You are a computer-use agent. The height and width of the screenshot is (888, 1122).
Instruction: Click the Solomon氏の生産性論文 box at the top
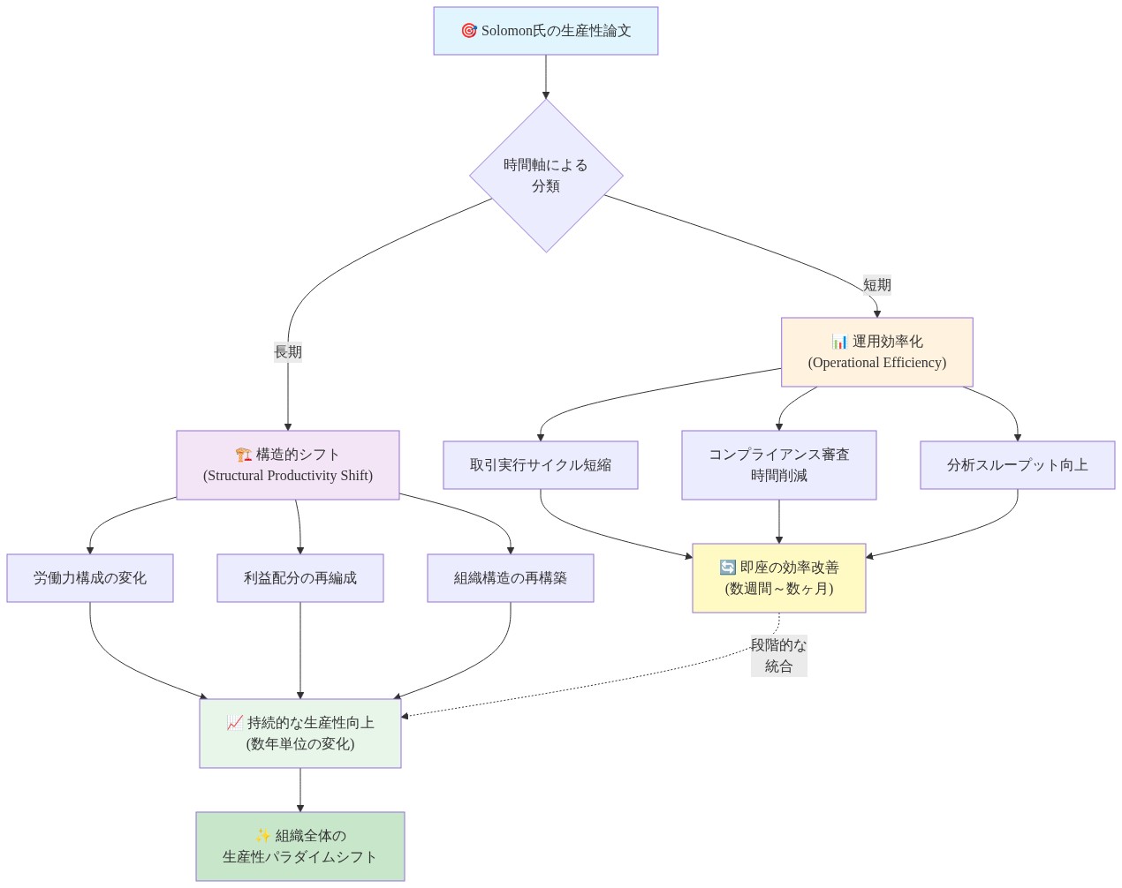click(x=545, y=31)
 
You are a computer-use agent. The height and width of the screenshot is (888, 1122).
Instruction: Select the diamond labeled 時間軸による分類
click(x=546, y=176)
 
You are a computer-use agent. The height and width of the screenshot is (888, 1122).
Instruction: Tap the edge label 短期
click(x=876, y=284)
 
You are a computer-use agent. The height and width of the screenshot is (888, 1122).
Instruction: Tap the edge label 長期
click(x=288, y=351)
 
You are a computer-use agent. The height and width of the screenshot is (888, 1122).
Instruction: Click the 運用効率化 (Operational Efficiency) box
click(x=876, y=352)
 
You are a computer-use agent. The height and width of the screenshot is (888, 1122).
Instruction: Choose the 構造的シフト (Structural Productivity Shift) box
click(x=288, y=465)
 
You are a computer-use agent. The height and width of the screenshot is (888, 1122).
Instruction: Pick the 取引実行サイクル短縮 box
click(x=541, y=465)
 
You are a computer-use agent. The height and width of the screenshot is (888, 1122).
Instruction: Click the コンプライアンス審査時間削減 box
click(x=778, y=465)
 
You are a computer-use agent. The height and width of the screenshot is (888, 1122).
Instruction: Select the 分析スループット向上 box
click(x=1017, y=465)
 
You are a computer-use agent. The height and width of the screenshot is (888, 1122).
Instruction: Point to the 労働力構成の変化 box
click(x=90, y=578)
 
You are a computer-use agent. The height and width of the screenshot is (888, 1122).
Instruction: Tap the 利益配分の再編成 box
click(x=300, y=578)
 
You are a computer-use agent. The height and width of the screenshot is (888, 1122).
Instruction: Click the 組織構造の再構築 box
click(x=511, y=578)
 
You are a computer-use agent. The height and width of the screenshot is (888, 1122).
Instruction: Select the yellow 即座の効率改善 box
click(x=778, y=578)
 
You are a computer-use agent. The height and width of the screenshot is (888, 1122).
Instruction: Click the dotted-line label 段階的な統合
click(x=778, y=656)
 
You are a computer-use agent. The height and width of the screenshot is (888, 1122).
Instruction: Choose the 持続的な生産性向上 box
click(x=300, y=734)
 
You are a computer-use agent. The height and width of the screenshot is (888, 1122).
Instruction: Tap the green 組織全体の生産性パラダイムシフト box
click(x=300, y=847)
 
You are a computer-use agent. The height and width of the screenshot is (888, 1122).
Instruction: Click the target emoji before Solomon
click(x=469, y=31)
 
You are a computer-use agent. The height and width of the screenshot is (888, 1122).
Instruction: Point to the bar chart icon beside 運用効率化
click(x=839, y=342)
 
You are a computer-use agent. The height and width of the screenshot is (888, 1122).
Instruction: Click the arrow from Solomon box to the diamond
click(x=546, y=77)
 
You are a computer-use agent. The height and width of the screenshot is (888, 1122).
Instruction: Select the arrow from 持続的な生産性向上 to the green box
click(x=300, y=790)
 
